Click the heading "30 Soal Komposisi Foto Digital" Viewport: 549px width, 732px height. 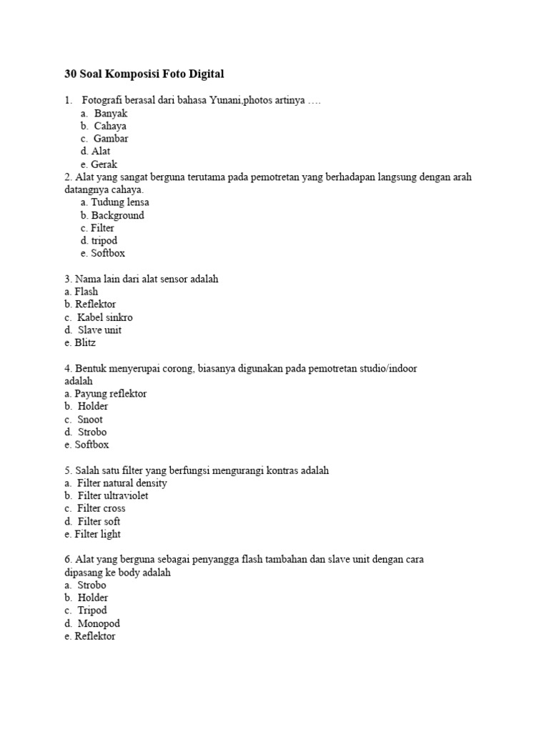tap(144, 74)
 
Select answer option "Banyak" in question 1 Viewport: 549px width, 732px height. tap(110, 113)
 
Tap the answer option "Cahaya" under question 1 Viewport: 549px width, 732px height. tap(110, 126)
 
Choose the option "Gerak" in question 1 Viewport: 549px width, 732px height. tap(104, 164)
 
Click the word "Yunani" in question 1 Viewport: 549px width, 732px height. tap(226, 100)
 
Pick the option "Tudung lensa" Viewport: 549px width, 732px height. tap(119, 202)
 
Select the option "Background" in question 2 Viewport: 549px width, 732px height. tap(117, 215)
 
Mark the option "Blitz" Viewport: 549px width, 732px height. tap(85, 343)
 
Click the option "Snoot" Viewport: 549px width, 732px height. tap(90, 420)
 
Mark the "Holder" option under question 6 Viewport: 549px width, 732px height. tap(93, 598)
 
